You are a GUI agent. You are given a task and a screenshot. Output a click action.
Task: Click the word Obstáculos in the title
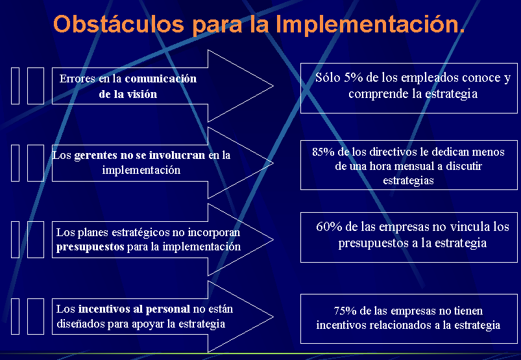(x=119, y=24)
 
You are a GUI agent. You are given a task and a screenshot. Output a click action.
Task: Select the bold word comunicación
(x=161, y=78)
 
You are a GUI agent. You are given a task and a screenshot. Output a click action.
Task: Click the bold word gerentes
(x=93, y=156)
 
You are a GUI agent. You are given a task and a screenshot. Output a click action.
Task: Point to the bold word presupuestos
(x=90, y=247)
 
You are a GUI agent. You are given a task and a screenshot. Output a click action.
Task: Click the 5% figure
(x=353, y=77)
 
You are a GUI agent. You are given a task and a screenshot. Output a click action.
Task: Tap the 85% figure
(x=323, y=152)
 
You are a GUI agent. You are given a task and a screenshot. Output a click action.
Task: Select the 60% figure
(x=329, y=226)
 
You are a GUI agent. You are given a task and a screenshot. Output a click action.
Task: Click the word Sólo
(x=328, y=77)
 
